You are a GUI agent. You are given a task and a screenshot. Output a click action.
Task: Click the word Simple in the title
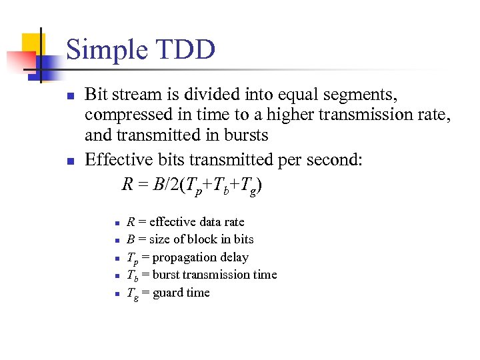pos(106,51)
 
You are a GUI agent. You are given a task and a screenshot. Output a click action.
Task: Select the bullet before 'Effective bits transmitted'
pos(69,161)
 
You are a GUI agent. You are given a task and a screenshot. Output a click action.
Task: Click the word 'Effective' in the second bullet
pos(118,160)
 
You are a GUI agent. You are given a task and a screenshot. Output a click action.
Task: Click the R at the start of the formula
pos(127,184)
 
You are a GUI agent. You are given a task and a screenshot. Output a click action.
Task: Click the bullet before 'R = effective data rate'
pos(116,223)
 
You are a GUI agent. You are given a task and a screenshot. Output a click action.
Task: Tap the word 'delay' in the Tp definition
pos(234,257)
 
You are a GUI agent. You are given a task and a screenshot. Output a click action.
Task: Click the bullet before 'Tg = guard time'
pos(116,293)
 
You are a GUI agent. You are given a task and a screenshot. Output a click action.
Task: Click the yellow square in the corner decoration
pos(29,44)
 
